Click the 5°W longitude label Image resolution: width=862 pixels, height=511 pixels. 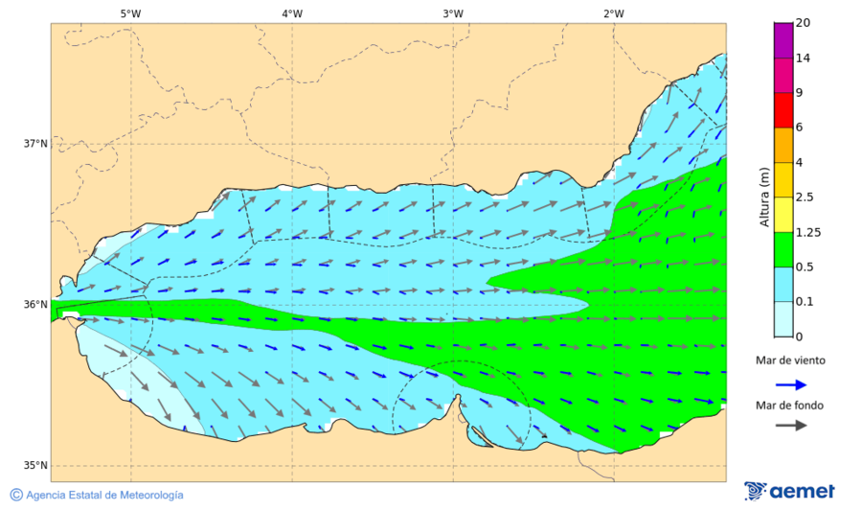(130, 13)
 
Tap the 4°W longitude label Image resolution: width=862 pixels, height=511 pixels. (292, 13)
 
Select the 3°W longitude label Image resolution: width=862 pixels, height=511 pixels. (453, 13)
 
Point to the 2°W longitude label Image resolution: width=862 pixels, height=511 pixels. (614, 13)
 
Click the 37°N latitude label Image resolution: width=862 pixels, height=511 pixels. (35, 144)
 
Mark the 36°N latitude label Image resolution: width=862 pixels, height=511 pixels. (35, 305)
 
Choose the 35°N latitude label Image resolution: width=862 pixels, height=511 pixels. (35, 466)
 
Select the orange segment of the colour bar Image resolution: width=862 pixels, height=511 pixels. (783, 145)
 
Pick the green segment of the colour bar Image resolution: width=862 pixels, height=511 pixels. (783, 249)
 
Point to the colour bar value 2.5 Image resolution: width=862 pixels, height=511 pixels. (805, 197)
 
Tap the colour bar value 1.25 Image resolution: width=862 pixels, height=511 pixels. (807, 232)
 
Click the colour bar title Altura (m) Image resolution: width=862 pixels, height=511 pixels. (764, 197)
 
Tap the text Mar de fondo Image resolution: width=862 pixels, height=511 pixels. (788, 405)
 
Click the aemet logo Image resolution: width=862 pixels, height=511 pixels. (789, 491)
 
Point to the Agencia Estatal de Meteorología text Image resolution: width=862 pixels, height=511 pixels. (103, 495)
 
